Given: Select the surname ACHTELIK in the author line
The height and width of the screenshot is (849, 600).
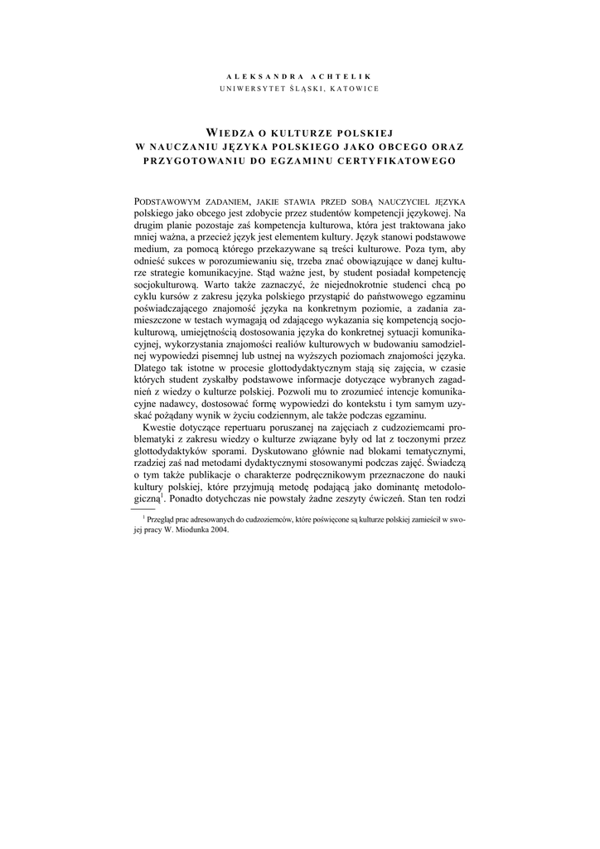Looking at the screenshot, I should (x=341, y=75).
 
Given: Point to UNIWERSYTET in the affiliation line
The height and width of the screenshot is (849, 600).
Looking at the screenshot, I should (x=254, y=89).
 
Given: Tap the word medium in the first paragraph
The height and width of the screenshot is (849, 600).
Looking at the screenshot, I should (x=152, y=248).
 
